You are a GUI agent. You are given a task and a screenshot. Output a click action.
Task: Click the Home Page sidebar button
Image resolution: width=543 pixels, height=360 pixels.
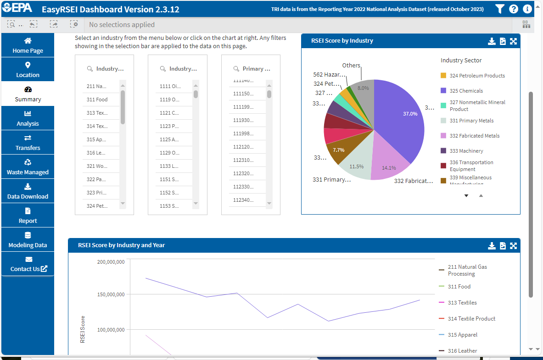click(x=28, y=45)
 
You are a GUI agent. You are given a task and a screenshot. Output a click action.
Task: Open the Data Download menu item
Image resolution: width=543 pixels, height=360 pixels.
click(x=28, y=191)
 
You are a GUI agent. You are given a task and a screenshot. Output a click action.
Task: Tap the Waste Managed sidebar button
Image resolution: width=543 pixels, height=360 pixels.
click(x=28, y=167)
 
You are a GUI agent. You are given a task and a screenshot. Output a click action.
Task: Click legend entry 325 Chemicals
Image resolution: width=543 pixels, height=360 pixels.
click(x=466, y=91)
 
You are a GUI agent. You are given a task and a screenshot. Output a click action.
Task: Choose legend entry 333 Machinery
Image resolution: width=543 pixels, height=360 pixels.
click(x=466, y=151)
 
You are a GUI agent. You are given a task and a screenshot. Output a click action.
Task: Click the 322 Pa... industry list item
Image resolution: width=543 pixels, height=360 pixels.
click(x=97, y=179)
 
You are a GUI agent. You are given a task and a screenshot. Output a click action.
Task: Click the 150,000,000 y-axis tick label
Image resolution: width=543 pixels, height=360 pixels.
click(x=111, y=294)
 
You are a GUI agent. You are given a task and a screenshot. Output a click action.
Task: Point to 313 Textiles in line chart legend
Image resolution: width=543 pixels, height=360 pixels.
click(x=462, y=303)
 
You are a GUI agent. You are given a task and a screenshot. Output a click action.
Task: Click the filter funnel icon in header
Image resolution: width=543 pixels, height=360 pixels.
click(x=500, y=9)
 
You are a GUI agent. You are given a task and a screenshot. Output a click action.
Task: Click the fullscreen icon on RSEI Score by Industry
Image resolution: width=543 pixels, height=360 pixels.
click(x=513, y=41)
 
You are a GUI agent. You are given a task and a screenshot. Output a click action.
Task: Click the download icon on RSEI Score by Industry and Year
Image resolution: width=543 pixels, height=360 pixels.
click(x=492, y=246)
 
